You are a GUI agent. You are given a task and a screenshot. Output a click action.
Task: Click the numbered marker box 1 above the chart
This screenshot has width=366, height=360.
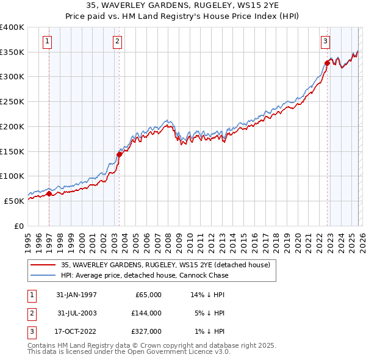pos(48,41)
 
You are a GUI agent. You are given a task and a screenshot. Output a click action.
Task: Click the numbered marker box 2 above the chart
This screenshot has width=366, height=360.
pos(117,41)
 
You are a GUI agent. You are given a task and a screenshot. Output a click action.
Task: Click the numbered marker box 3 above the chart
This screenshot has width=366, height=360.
pos(326,41)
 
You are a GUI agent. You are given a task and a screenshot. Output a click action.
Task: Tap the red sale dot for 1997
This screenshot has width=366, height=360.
pos(49,194)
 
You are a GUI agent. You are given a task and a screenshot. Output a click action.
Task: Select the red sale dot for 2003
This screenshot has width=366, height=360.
pos(119,154)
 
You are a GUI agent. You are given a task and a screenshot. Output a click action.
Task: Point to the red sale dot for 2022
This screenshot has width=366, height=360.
pos(328,63)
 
